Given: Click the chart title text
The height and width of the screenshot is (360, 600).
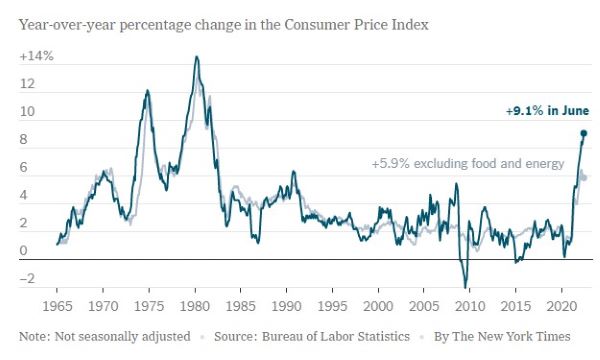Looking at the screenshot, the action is coord(223,25).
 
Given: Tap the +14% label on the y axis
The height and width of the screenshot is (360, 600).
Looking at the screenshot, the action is coord(36,56).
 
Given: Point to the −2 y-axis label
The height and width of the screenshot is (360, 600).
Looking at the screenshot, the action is coord(27,278).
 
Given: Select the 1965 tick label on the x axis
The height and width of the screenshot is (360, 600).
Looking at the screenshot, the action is coord(57,306).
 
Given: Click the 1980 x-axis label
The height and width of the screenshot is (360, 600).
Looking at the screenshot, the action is coord(195,306).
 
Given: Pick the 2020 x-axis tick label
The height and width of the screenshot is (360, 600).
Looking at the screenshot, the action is coord(561,306).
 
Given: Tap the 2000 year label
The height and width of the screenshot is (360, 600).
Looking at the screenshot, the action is coord(378,306).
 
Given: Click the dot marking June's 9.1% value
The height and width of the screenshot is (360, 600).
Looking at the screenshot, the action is coord(584,133).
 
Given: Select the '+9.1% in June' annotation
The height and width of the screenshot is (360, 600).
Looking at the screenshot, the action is coord(547,111).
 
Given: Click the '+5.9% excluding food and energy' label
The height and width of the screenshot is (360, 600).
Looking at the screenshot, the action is coord(468,163).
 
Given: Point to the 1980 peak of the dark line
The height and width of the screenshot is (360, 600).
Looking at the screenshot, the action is coord(197,57).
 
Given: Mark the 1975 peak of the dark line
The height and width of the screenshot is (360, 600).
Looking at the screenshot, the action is coord(147,91).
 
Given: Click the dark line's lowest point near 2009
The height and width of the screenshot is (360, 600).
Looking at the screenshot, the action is coord(466,287).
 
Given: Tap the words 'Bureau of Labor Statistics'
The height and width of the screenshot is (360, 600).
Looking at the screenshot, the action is coord(336,337).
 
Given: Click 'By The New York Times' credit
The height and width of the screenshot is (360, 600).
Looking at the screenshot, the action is coord(502,337).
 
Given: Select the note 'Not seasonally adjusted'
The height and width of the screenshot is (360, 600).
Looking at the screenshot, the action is coord(122,337).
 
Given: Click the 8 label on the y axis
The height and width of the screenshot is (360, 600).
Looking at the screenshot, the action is coord(24,139).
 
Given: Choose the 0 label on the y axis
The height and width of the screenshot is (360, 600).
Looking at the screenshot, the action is coord(24,251).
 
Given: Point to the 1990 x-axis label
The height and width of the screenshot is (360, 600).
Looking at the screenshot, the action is coord(286,306).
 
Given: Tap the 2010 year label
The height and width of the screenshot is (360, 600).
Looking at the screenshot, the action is coord(470,306).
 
